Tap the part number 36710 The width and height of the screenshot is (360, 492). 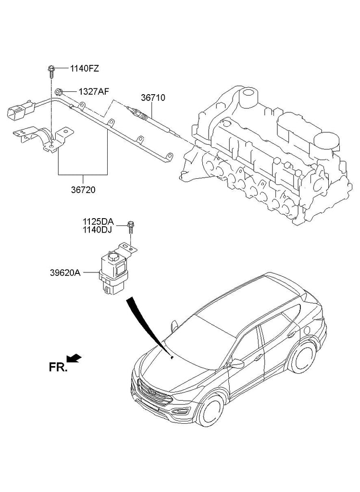tap(153, 98)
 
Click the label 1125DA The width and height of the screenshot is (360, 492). tap(98, 221)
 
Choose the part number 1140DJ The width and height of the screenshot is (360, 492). tap(98, 230)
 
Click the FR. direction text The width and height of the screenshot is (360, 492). tap(58, 368)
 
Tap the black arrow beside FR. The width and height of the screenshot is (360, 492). tap(74, 357)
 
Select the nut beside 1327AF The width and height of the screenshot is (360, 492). tap(58, 91)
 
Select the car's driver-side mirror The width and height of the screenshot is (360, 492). tap(236, 364)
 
